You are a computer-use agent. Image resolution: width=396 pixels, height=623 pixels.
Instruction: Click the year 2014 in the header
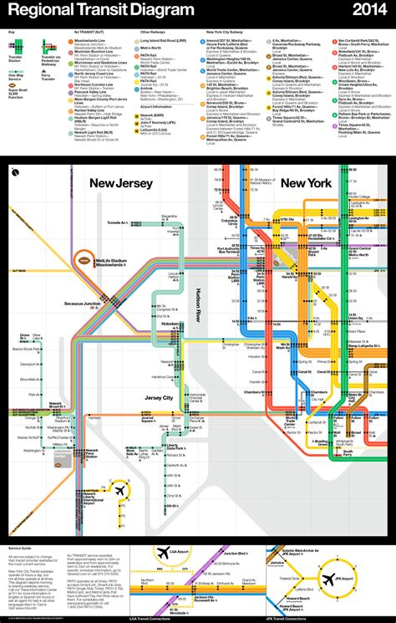pos(367,10)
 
